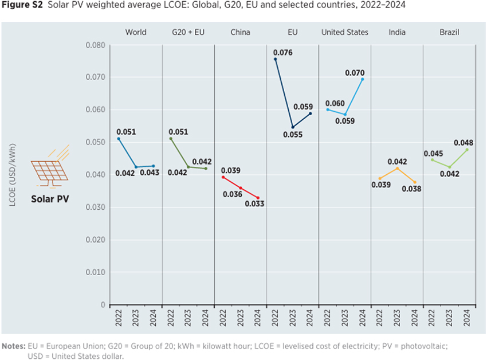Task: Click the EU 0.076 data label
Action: (283, 53)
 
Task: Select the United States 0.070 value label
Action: (355, 73)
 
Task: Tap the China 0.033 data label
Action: (254, 204)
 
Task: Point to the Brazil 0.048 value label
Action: (464, 143)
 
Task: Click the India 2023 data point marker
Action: (397, 168)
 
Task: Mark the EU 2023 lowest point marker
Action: (293, 127)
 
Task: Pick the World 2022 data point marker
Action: (119, 139)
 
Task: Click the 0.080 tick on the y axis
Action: (96, 45)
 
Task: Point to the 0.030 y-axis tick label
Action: (96, 208)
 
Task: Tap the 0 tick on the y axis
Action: (103, 305)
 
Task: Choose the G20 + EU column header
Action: (188, 32)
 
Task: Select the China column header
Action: (240, 32)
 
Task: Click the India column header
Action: (397, 32)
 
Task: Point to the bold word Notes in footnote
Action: (13, 346)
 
